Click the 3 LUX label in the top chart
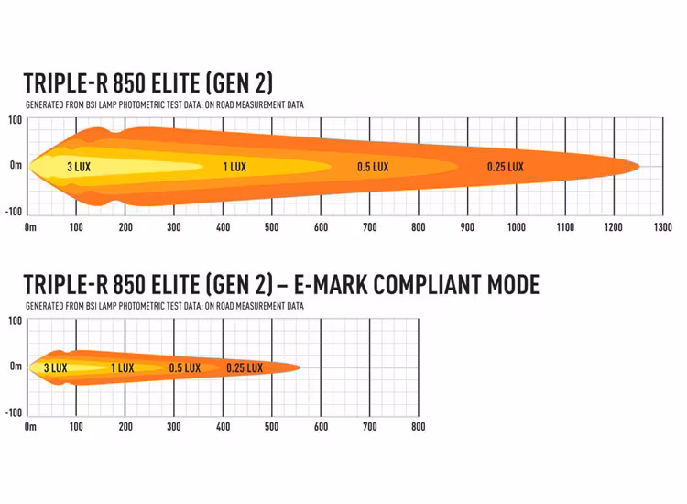tap(77, 167)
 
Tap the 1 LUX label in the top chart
tap(234, 167)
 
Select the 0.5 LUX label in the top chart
tap(373, 167)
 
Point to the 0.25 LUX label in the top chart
tap(506, 167)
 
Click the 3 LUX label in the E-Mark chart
tap(55, 368)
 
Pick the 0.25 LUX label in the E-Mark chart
tap(245, 368)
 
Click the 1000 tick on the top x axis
tap(517, 226)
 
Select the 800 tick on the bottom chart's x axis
tap(418, 427)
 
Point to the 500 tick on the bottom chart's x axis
tap(271, 427)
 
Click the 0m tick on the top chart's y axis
tap(16, 166)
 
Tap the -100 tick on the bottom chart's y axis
tap(13, 412)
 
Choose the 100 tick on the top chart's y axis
tap(16, 120)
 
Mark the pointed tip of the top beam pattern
tap(638, 166)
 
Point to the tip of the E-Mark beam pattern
tap(300, 367)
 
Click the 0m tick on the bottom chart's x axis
tap(30, 427)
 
